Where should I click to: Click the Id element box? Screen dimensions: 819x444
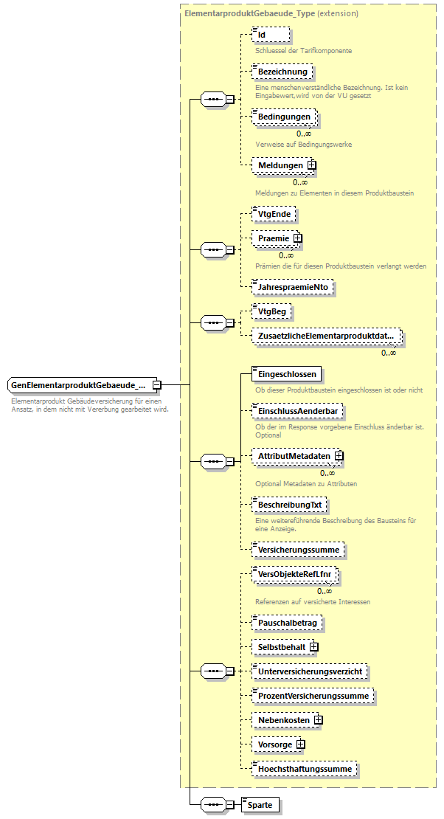point(270,35)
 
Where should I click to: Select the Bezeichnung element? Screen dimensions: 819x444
point(282,72)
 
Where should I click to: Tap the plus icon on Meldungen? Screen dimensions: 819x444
point(311,165)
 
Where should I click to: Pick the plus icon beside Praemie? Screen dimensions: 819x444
point(298,238)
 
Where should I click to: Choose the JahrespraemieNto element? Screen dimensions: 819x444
point(293,288)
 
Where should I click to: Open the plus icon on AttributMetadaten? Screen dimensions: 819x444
point(339,457)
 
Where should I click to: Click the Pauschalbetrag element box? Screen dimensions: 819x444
point(287,623)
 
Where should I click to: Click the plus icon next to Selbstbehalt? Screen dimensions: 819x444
point(313,647)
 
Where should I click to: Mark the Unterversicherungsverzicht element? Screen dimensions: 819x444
point(309,671)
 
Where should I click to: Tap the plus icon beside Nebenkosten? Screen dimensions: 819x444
point(319,719)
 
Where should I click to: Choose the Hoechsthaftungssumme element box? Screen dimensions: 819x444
point(304,769)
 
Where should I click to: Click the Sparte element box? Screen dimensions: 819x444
point(261,804)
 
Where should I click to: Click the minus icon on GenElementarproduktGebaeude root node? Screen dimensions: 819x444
point(157,385)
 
